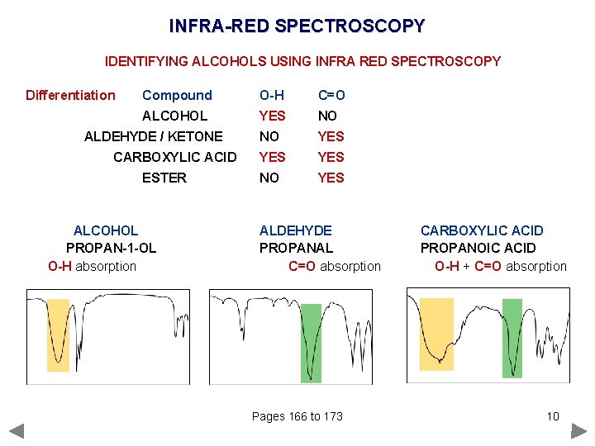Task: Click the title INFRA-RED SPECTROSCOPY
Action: pyautogui.click(x=297, y=26)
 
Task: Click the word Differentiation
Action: pyautogui.click(x=70, y=95)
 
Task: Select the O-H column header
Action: pyautogui.click(x=272, y=95)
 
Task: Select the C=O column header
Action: pyautogui.click(x=331, y=95)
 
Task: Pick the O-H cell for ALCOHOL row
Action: pyautogui.click(x=272, y=116)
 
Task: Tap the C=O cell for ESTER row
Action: pyautogui.click(x=331, y=178)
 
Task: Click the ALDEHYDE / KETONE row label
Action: pyautogui.click(x=154, y=136)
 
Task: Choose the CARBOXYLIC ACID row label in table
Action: pyautogui.click(x=175, y=157)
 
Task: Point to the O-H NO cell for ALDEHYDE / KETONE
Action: pyautogui.click(x=269, y=136)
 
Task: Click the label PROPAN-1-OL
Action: pyautogui.click(x=111, y=248)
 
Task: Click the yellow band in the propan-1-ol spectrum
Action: pyautogui.click(x=58, y=334)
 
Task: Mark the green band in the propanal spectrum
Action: pyautogui.click(x=311, y=343)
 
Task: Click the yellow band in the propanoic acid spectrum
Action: pyautogui.click(x=436, y=334)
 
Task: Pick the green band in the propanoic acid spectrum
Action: pyautogui.click(x=512, y=338)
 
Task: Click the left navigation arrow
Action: pyautogui.click(x=17, y=430)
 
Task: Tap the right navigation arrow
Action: pyautogui.click(x=578, y=430)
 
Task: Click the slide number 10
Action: pyautogui.click(x=553, y=416)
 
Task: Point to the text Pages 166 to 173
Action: pyautogui.click(x=297, y=416)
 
